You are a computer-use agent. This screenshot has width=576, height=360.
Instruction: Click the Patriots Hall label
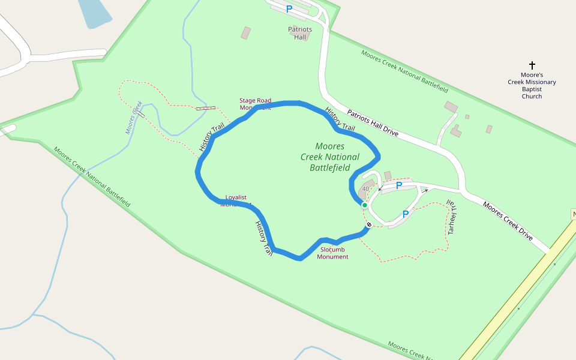(x=300, y=33)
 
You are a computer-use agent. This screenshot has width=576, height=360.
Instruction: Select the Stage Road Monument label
(x=255, y=104)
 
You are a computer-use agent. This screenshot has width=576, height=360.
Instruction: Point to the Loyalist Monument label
(x=236, y=200)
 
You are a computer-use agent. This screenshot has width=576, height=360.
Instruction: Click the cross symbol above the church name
(x=532, y=65)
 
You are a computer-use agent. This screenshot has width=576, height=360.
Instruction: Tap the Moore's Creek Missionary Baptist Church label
(x=532, y=85)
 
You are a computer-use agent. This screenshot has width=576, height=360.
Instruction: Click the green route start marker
(x=364, y=205)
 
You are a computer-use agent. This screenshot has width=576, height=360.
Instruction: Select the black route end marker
(x=369, y=225)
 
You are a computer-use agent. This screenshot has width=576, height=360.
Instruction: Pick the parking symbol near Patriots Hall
(x=289, y=9)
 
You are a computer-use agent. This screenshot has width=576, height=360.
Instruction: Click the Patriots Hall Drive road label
(x=373, y=123)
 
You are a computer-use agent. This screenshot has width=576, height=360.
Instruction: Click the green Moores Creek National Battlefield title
(x=330, y=157)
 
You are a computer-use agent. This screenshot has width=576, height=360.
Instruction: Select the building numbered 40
(x=365, y=190)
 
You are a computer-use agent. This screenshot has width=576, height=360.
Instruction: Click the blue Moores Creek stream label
(x=133, y=117)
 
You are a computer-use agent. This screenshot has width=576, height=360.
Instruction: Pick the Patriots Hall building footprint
(x=246, y=32)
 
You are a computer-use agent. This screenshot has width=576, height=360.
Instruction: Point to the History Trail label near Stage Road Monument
(x=211, y=137)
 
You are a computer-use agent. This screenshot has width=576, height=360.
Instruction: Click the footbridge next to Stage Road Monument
(x=206, y=108)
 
